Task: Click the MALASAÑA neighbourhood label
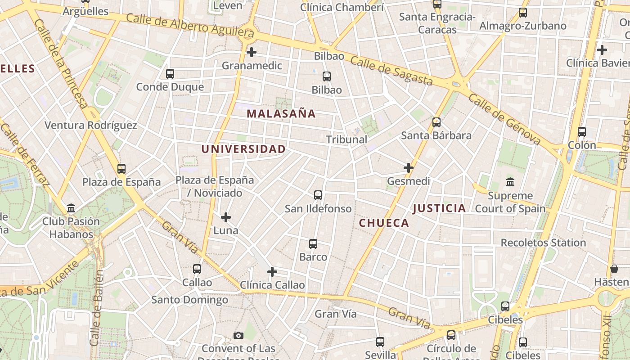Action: (x=281, y=114)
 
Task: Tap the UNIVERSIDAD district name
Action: (x=243, y=149)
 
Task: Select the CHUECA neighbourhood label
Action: (x=384, y=223)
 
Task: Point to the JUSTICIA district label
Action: (x=439, y=208)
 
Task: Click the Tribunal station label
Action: (x=346, y=139)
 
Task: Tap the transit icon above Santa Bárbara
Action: (x=436, y=122)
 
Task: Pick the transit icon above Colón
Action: (x=582, y=132)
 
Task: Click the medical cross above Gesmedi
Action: (x=409, y=168)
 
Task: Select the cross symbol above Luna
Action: (x=226, y=217)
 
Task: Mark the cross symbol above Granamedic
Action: (x=252, y=52)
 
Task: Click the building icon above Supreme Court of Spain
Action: (x=510, y=182)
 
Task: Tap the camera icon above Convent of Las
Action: (x=238, y=335)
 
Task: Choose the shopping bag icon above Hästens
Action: (x=614, y=269)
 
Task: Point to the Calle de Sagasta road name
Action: (x=391, y=72)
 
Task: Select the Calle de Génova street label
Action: (x=504, y=119)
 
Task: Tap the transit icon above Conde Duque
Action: (x=170, y=74)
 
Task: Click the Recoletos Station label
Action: (x=543, y=243)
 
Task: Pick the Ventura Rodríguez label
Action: (x=90, y=125)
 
